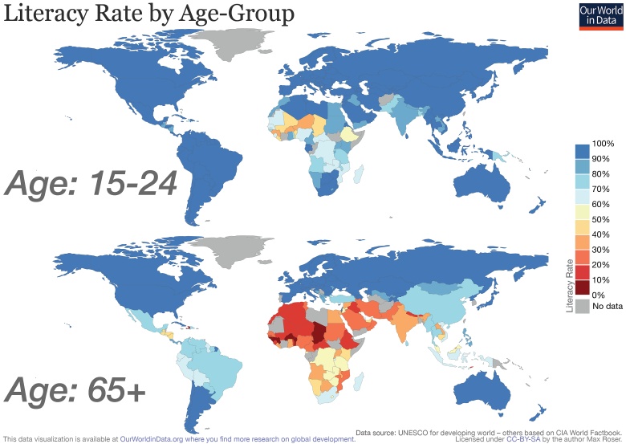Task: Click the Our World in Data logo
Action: (600, 15)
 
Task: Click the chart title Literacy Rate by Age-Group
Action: (148, 14)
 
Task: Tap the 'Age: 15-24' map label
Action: (91, 184)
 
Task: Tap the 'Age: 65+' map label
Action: (76, 390)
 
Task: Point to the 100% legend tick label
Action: (603, 144)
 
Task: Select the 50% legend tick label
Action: (600, 220)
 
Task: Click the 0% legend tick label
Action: (598, 295)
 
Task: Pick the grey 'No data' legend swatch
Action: (582, 306)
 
